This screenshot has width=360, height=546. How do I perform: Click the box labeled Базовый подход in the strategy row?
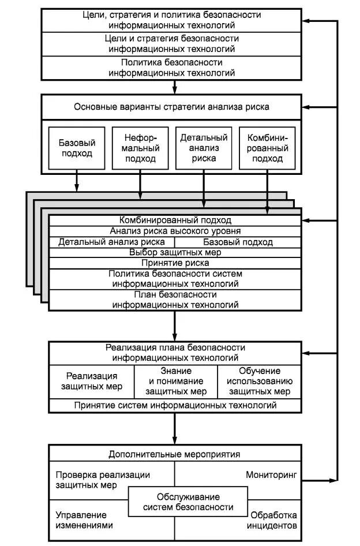(77, 148)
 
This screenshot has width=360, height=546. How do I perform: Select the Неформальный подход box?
(140, 148)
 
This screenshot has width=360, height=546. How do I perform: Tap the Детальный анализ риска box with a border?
(203, 148)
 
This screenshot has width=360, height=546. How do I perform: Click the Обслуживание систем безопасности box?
(188, 502)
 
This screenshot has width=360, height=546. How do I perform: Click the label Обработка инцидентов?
(273, 520)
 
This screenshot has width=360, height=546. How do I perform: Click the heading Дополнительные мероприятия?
(174, 454)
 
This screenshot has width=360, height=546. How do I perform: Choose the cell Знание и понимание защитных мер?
(175, 381)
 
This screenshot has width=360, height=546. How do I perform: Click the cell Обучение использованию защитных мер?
(259, 381)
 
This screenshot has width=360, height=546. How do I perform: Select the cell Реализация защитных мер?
(92, 381)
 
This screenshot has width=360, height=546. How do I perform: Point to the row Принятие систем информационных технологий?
(175, 405)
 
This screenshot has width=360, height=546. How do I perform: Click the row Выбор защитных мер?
(174, 252)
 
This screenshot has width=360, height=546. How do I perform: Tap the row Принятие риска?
(174, 263)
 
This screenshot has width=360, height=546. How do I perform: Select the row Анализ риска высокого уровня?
(174, 231)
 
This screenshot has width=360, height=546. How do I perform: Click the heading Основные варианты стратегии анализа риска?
(171, 106)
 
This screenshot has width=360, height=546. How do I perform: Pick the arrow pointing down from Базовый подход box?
(77, 182)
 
